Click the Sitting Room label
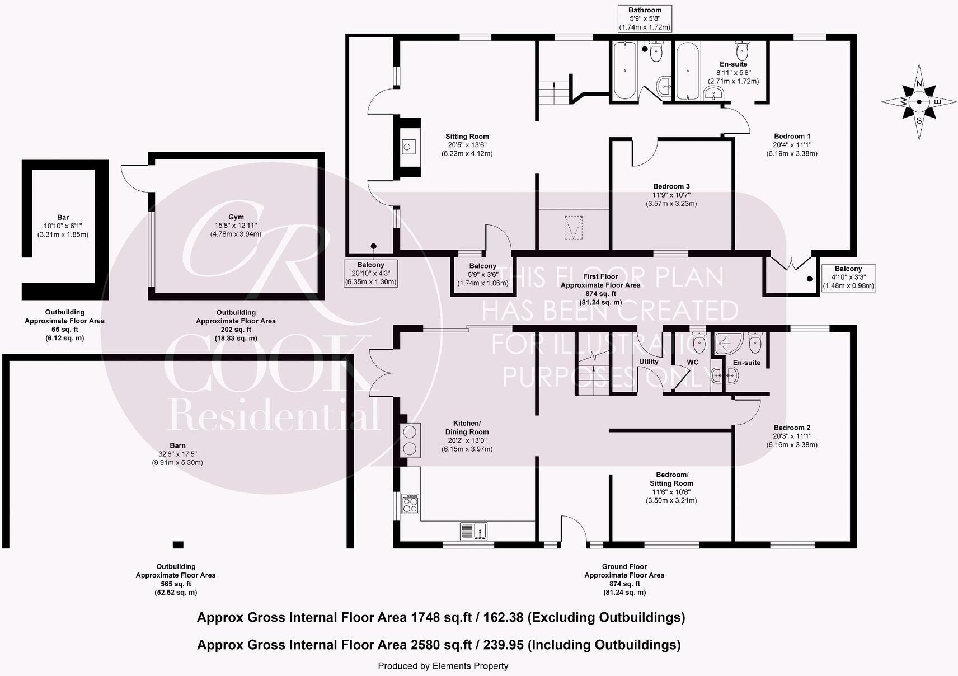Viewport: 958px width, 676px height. [x=467, y=137]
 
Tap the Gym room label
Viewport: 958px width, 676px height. [x=236, y=217]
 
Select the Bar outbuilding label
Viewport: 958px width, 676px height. [x=63, y=218]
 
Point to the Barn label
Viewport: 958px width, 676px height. [x=177, y=446]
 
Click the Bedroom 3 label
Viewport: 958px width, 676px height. [x=671, y=187]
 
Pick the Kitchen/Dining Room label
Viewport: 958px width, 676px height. [x=467, y=428]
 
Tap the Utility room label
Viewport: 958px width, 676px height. [x=649, y=362]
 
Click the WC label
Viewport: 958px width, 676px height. [x=693, y=362]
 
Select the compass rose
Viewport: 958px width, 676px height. [x=919, y=102]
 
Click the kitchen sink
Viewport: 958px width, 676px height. [x=474, y=530]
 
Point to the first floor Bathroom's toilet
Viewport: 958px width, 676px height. [x=656, y=51]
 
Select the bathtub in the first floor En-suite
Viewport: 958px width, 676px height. [x=687, y=71]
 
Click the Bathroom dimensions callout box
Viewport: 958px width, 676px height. [x=645, y=18]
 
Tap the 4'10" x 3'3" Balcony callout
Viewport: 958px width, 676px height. [x=848, y=278]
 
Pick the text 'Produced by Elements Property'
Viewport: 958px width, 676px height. [x=443, y=666]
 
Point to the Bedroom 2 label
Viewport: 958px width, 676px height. [x=792, y=428]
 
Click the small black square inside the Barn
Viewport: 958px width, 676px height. [x=178, y=544]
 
